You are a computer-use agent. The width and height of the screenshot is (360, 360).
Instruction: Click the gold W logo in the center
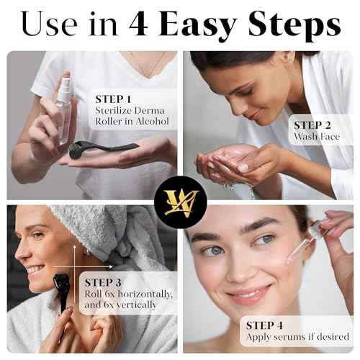(x=180, y=202)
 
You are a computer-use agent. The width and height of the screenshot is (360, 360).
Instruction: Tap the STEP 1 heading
(x=113, y=99)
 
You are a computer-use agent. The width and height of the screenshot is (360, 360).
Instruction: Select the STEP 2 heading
(x=312, y=125)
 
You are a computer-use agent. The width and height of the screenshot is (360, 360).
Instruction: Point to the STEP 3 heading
(x=103, y=282)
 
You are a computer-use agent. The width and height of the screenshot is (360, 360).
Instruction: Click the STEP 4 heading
(x=264, y=325)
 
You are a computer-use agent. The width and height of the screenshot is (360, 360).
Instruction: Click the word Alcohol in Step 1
(x=152, y=122)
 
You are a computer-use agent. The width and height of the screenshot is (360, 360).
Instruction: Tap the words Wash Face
(x=317, y=137)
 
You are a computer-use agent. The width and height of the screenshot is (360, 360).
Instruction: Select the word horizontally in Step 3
(x=145, y=294)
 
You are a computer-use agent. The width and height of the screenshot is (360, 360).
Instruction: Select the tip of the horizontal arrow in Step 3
(x=113, y=266)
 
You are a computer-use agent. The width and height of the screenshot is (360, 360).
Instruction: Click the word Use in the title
(x=49, y=24)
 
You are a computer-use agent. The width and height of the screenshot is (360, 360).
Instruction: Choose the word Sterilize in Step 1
(x=111, y=111)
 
